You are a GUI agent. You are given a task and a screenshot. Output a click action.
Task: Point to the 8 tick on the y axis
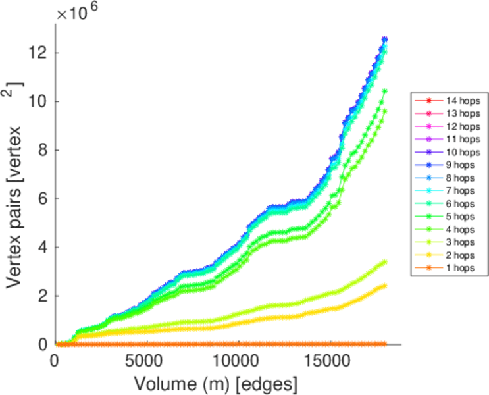(41, 150)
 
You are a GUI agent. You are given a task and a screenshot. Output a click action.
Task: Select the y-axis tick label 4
(41, 248)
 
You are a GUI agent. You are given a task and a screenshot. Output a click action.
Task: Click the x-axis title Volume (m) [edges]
(217, 383)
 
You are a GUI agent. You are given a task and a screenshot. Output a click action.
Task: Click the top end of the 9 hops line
(385, 39)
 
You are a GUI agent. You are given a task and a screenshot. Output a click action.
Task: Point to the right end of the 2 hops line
(384, 286)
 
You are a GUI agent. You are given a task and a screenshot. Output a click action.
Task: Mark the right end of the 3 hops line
(384, 262)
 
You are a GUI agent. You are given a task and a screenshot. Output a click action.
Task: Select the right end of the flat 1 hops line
(384, 344)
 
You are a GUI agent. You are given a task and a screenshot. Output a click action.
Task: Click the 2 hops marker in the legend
(428, 255)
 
